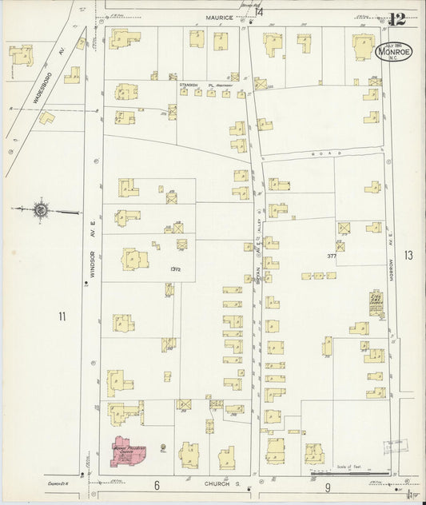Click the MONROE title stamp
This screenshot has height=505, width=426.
(390, 53)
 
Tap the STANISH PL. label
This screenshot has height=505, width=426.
(193, 82)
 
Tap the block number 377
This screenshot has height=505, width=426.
(332, 256)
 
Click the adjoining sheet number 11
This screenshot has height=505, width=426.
(62, 317)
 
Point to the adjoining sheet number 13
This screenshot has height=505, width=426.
(409, 256)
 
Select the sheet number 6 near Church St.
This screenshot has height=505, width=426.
(157, 485)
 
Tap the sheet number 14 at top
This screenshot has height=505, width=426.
(259, 10)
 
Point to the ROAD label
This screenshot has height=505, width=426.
(328, 153)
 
